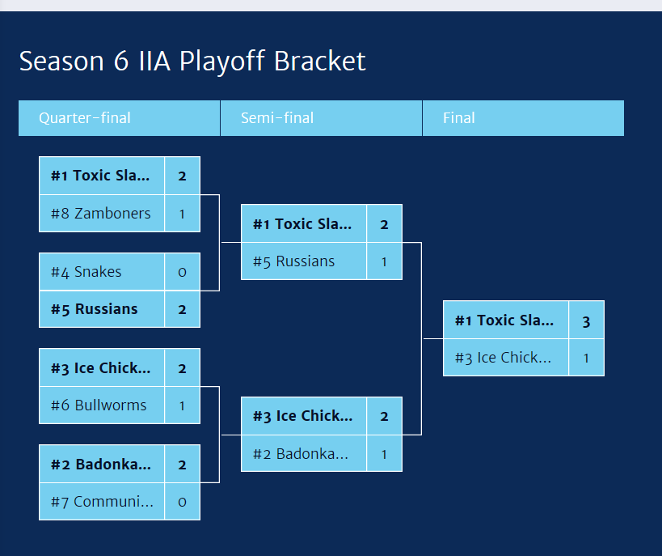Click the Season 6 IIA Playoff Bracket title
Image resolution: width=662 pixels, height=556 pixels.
(192, 62)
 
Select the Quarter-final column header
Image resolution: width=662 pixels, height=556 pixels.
(85, 118)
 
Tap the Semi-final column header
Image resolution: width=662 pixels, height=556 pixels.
(277, 118)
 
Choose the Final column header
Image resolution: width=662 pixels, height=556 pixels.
(459, 118)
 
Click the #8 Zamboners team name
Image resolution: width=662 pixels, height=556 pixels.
(101, 214)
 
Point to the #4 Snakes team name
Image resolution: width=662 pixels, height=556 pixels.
(86, 272)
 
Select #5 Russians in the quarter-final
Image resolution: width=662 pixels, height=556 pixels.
(95, 309)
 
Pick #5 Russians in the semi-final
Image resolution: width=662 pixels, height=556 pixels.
(294, 261)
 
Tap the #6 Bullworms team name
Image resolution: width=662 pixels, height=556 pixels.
(99, 405)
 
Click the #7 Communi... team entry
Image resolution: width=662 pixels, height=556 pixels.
(102, 502)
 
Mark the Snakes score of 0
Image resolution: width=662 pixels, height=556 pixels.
(182, 272)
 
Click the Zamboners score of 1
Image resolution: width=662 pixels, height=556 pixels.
(182, 214)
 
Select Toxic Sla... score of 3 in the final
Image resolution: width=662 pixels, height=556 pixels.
(586, 320)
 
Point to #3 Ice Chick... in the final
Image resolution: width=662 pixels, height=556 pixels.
(503, 358)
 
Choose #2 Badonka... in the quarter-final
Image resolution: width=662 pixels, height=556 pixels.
(101, 465)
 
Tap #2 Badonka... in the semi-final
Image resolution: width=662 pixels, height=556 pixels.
(301, 454)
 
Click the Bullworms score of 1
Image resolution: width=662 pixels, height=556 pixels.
(182, 405)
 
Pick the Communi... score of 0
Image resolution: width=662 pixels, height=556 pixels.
(182, 502)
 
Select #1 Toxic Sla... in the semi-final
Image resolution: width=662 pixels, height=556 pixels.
(302, 224)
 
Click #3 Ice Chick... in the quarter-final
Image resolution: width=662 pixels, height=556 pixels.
(101, 368)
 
